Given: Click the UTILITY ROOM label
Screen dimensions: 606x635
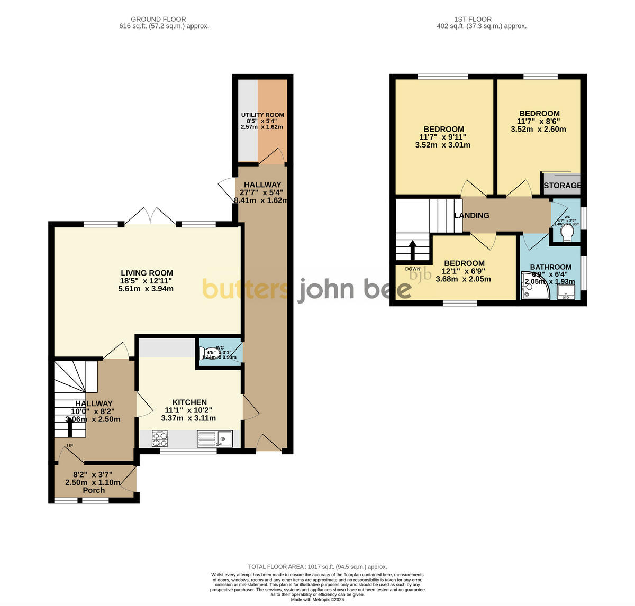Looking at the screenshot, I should click(262, 115).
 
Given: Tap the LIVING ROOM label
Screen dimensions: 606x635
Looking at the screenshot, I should click(146, 273).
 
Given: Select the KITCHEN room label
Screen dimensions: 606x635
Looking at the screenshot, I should click(189, 402).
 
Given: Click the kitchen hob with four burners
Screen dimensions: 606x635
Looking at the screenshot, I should click(160, 438).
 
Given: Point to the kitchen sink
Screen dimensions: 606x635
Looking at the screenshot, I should click(215, 438).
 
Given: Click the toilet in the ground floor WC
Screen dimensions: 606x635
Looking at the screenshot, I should click(210, 353).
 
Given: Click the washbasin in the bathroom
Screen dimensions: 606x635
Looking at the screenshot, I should click(566, 292).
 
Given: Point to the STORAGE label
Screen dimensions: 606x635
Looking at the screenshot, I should click(563, 185).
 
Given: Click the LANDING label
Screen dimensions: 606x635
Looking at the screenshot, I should click(471, 215).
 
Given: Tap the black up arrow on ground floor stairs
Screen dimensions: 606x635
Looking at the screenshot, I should click(69, 426).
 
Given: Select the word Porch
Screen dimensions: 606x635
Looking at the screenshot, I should click(94, 490).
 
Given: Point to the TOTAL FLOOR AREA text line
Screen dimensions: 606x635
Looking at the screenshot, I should click(317, 566).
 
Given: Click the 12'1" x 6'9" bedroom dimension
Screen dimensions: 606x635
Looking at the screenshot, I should click(464, 271).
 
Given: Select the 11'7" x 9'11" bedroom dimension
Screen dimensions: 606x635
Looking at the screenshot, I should click(442, 137).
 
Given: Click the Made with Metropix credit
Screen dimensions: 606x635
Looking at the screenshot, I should click(317, 600).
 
